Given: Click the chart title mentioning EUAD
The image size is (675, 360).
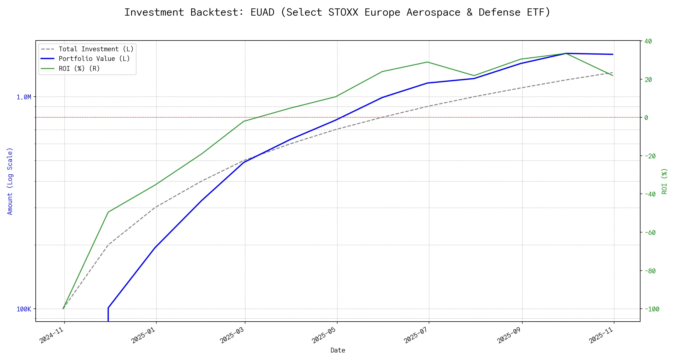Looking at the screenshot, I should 337,13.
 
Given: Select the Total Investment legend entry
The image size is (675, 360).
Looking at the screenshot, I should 96,49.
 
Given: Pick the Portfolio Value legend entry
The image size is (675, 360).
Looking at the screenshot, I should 94,59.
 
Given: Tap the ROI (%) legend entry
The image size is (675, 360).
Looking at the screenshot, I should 79,69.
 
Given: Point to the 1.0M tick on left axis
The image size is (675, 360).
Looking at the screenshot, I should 24,97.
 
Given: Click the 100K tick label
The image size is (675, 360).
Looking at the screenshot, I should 24,309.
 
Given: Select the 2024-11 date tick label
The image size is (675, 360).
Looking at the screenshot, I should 52,335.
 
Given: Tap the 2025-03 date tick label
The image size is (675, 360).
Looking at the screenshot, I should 232,335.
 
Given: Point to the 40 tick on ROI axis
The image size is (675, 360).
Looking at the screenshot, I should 648,41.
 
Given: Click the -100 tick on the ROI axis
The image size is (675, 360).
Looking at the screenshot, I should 652,309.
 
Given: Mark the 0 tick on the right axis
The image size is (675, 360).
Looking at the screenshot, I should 646,118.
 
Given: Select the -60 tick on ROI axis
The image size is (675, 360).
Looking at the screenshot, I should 650,233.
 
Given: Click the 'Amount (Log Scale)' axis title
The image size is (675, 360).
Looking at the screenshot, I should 10,181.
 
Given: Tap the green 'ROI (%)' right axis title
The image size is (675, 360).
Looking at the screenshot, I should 664,181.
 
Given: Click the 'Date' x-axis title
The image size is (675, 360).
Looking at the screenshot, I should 338,350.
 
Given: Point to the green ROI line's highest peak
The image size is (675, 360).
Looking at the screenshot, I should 566,53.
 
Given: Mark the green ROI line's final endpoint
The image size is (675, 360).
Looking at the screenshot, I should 613,75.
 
